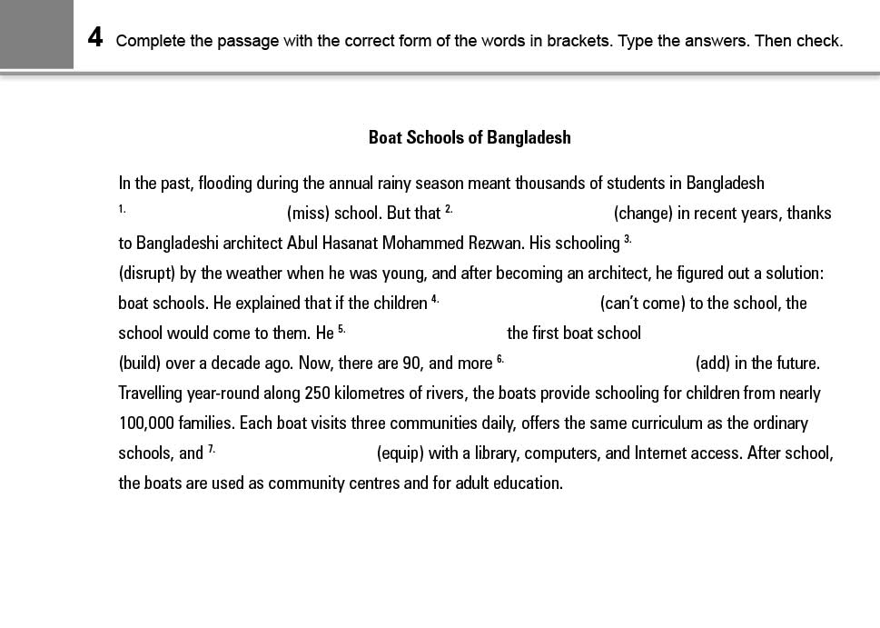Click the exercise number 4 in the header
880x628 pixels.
[x=95, y=38]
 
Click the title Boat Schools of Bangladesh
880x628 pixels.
[x=470, y=137]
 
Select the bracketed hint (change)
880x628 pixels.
[x=643, y=214]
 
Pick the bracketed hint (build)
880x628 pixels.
[x=140, y=364]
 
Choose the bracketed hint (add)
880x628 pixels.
[x=712, y=364]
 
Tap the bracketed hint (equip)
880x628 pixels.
[x=400, y=454]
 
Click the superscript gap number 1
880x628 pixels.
[x=122, y=209]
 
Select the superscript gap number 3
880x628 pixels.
[x=628, y=239]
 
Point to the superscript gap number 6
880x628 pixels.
[x=500, y=359]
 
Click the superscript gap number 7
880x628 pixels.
[x=212, y=449]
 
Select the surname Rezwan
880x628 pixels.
[x=498, y=244]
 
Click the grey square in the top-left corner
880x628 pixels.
[x=36, y=35]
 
